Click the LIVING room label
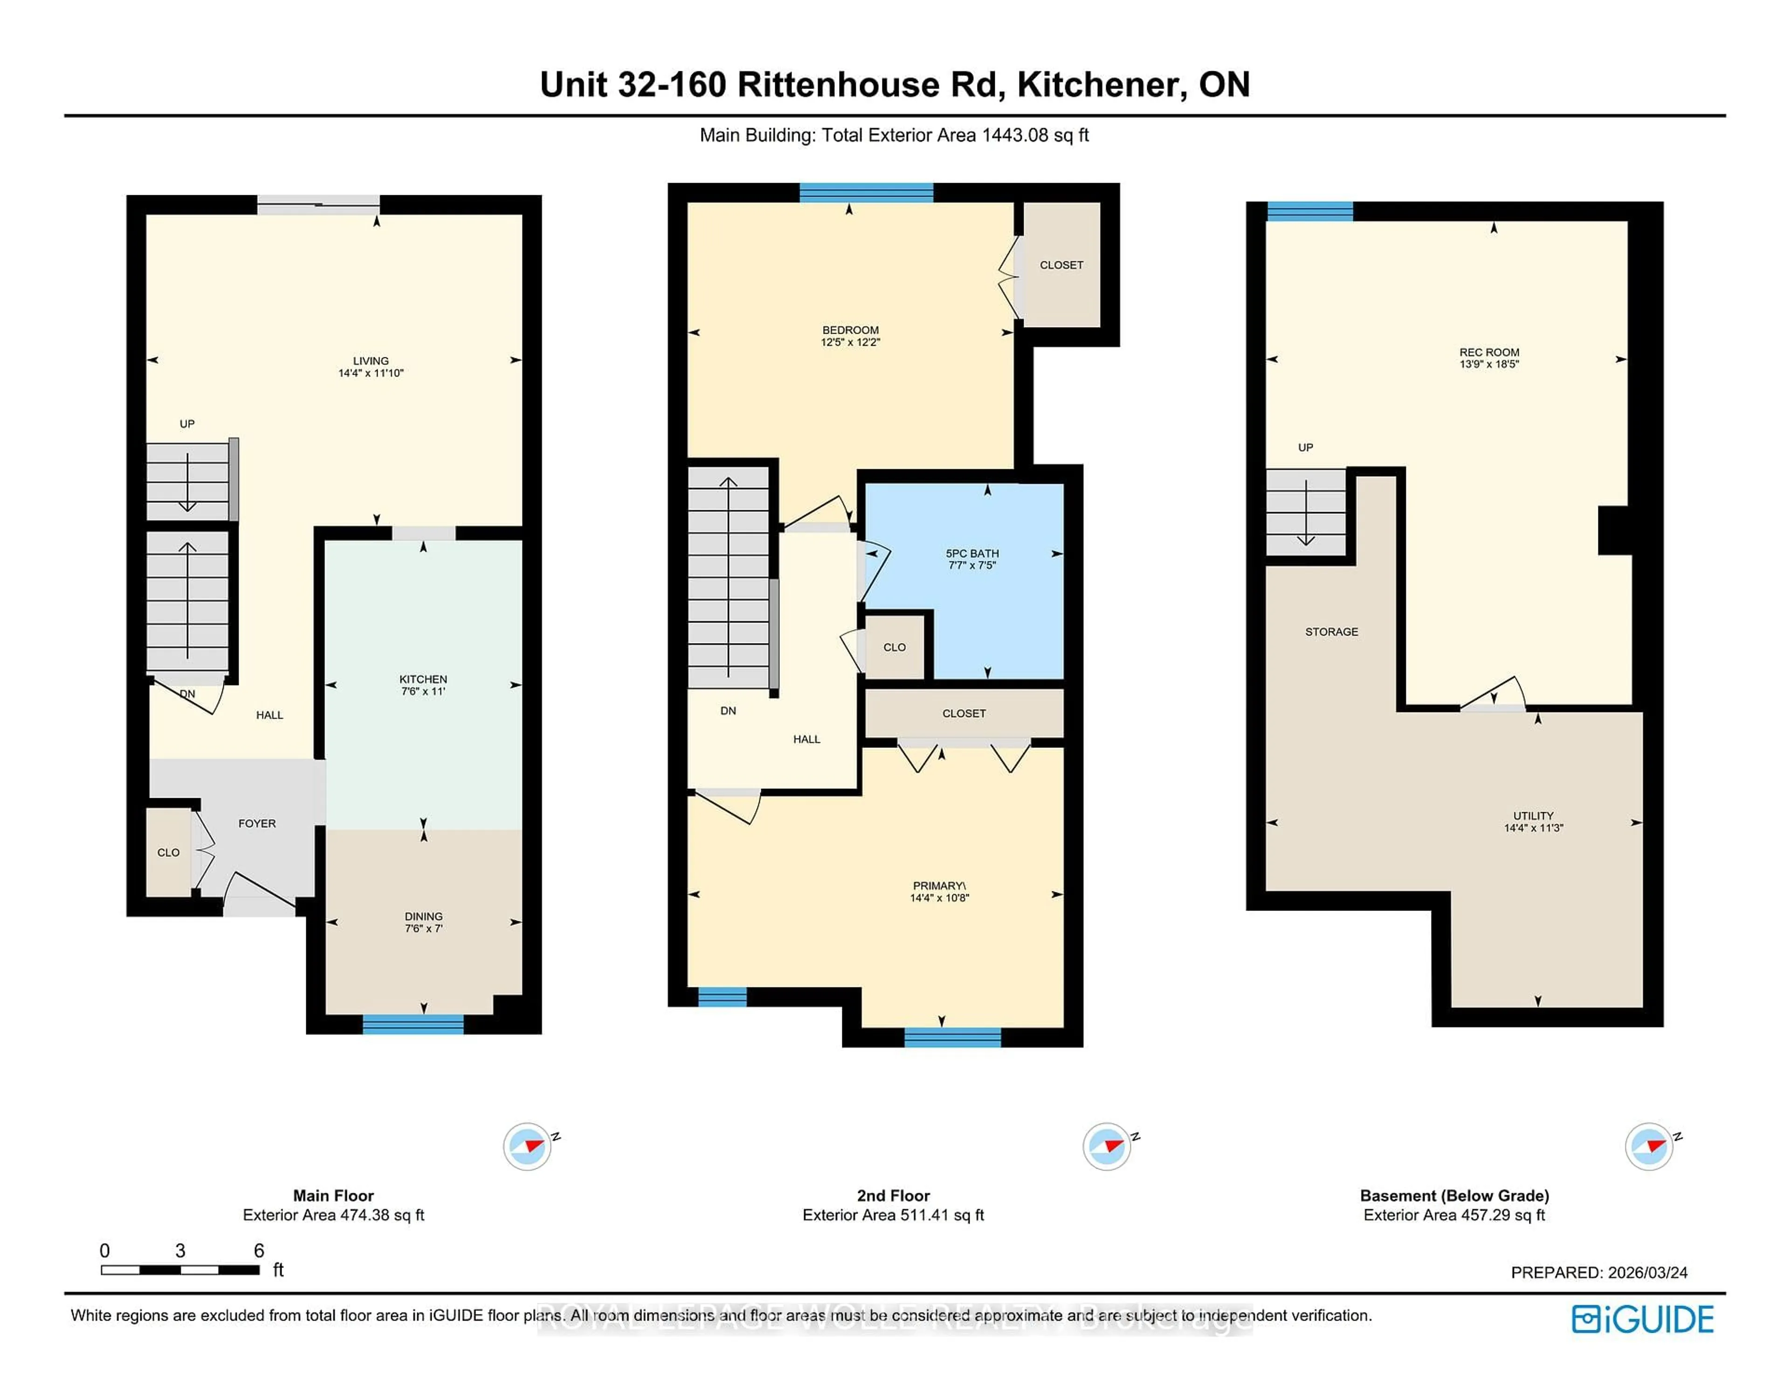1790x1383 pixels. [x=371, y=361]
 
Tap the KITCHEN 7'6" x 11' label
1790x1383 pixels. [x=423, y=685]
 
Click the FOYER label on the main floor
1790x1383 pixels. [x=256, y=823]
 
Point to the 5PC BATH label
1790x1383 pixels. [x=972, y=554]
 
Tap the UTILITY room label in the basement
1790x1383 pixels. [x=1533, y=816]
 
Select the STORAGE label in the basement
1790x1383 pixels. [x=1331, y=632]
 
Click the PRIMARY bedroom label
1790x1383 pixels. [x=939, y=886]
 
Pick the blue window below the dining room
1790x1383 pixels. [x=413, y=1024]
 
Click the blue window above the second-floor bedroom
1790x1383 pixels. [x=866, y=193]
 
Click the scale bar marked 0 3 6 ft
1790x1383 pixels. [x=180, y=1270]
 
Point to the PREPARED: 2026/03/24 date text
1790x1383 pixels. [x=1598, y=1273]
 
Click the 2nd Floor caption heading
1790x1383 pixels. [x=893, y=1195]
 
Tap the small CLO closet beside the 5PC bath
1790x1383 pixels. [x=894, y=647]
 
